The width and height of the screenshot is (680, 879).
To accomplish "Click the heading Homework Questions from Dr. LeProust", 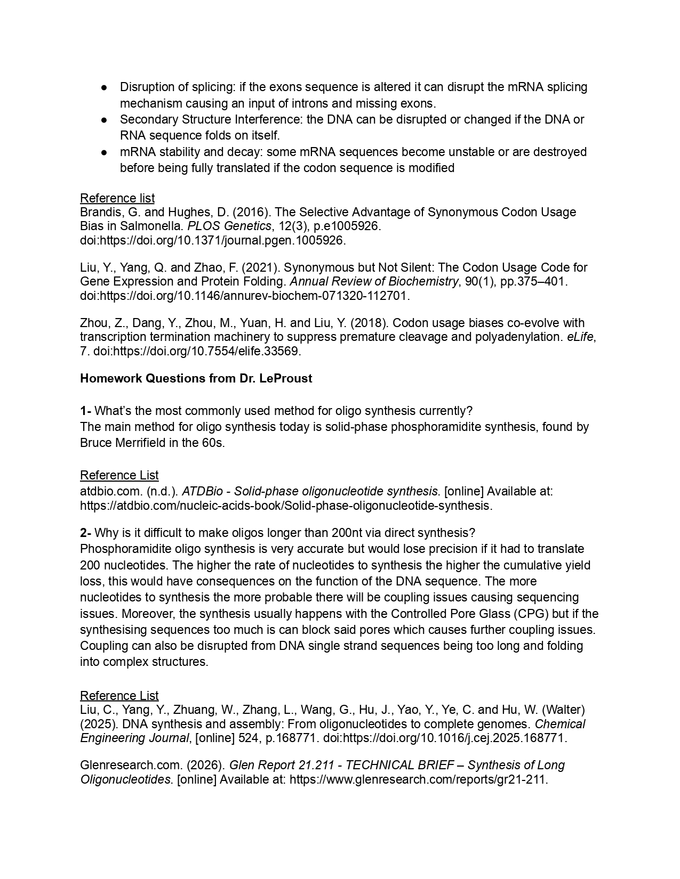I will (x=196, y=378).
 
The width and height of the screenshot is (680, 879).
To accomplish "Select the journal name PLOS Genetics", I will (x=229, y=226).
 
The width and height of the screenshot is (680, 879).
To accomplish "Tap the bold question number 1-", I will (x=85, y=411).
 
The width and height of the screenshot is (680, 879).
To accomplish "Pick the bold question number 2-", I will (x=85, y=533).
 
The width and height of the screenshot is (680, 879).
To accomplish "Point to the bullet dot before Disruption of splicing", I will (x=105, y=87).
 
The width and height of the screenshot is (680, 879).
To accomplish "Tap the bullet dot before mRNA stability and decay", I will (x=105, y=152).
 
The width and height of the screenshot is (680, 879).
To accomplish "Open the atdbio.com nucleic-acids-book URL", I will (x=286, y=505).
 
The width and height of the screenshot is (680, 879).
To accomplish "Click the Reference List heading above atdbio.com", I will (x=119, y=475).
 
